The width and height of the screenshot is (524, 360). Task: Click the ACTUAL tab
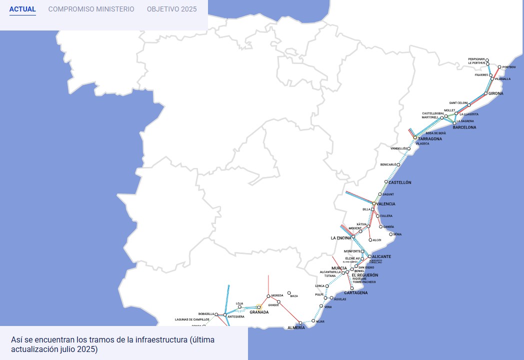click(x=22, y=9)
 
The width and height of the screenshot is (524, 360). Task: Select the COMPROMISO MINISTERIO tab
click(x=91, y=9)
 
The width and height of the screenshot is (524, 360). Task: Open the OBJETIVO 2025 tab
click(x=171, y=9)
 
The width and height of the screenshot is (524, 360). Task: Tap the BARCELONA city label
click(x=464, y=127)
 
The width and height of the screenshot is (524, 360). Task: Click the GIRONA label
click(x=496, y=93)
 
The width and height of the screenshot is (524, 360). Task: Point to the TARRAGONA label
click(x=430, y=138)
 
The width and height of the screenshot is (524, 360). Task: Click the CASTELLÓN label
click(x=400, y=182)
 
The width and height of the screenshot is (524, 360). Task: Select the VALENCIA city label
click(x=385, y=204)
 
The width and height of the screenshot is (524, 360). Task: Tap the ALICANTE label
click(x=381, y=256)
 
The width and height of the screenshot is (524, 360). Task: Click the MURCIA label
click(x=339, y=268)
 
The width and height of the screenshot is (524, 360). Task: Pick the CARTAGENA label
click(x=356, y=292)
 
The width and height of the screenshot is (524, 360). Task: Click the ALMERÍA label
click(x=296, y=327)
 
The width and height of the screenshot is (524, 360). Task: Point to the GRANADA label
click(x=259, y=312)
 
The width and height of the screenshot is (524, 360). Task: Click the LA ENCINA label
click(x=341, y=238)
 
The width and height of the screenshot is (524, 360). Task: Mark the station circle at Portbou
click(x=499, y=66)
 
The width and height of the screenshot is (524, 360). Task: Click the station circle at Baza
click(x=289, y=293)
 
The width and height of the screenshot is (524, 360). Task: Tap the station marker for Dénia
click(x=391, y=234)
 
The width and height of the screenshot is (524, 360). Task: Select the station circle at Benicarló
click(x=398, y=164)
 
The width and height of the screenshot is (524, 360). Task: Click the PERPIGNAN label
click(x=476, y=59)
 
